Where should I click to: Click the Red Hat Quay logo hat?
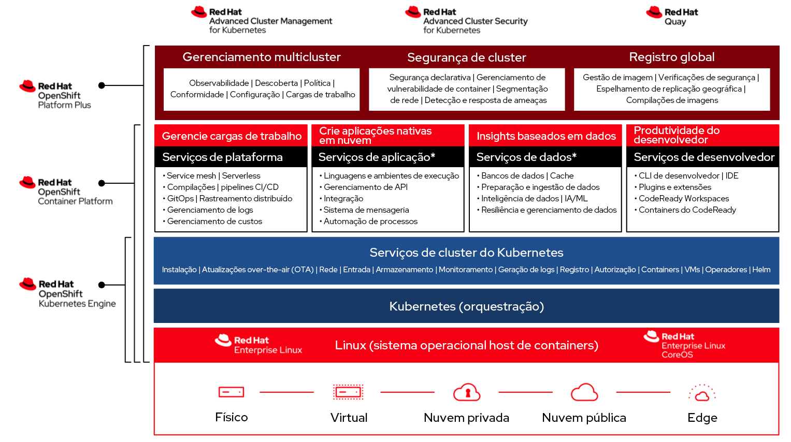654,12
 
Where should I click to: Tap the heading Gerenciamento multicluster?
262,57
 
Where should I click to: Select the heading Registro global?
671,57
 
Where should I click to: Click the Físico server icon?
231,392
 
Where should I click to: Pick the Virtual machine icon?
348,392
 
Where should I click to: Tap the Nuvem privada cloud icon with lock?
467,392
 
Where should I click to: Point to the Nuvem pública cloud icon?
584,392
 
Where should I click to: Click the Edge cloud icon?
702,393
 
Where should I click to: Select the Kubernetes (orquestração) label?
466,306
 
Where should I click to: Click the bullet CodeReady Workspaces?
683,199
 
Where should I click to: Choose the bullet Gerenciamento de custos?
214,222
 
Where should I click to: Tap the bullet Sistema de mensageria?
366,210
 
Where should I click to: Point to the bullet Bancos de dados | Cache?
527,176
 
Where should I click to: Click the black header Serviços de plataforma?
222,157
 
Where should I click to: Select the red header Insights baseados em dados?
546,136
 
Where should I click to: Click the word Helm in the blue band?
761,270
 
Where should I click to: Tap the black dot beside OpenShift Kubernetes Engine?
102,285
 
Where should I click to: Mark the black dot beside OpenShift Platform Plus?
102,85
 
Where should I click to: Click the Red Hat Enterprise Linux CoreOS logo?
684,345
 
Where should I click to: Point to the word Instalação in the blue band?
179,270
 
